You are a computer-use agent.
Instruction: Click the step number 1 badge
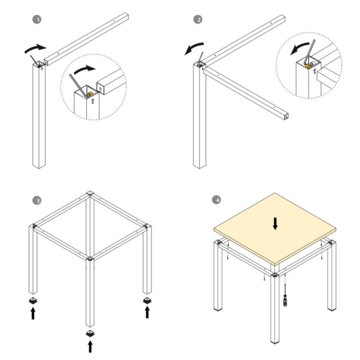(x=38, y=19)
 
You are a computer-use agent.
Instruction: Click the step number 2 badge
(x=198, y=19)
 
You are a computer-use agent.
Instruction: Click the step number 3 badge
(x=38, y=201)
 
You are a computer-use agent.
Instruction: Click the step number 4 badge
(x=216, y=201)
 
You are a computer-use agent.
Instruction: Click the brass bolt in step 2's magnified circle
(x=309, y=67)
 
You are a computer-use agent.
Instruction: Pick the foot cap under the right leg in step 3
(x=147, y=299)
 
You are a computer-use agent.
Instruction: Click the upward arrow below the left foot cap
(x=33, y=313)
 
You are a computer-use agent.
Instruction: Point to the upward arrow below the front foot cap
(x=89, y=346)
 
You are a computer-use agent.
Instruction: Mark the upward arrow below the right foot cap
(x=147, y=312)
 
